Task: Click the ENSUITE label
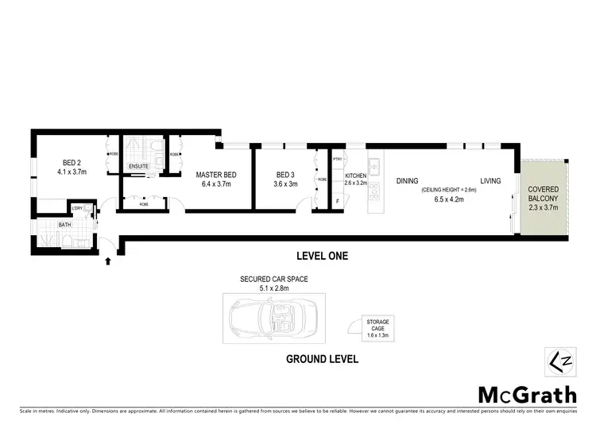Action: [139, 166]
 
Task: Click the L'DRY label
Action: [77, 209]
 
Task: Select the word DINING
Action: [407, 181]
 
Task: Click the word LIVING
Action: [490, 181]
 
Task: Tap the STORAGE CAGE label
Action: [377, 324]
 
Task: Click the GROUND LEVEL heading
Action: [322, 359]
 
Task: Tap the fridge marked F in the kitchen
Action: [338, 201]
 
